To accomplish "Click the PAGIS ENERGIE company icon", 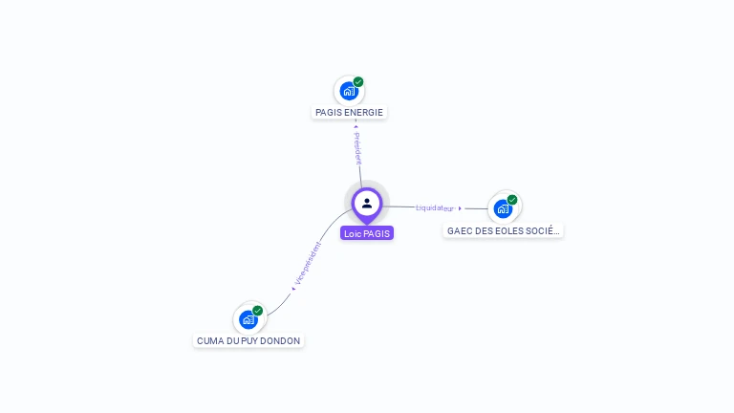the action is point(349,91).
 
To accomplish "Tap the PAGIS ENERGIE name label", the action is point(349,113).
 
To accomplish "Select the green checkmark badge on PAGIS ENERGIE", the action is point(358,82).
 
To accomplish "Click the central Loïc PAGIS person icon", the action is point(367,203).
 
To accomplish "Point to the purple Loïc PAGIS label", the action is point(367,233).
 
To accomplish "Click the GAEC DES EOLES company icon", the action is point(503,208).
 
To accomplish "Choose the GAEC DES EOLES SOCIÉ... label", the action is point(503,231).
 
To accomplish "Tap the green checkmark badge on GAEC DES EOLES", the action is point(512,200).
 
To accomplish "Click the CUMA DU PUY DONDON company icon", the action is point(248,318).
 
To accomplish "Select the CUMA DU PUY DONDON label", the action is point(248,341).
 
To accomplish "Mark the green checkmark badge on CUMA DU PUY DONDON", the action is point(258,311).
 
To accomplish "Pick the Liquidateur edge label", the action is point(435,207).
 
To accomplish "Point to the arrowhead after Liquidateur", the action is point(460,207).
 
